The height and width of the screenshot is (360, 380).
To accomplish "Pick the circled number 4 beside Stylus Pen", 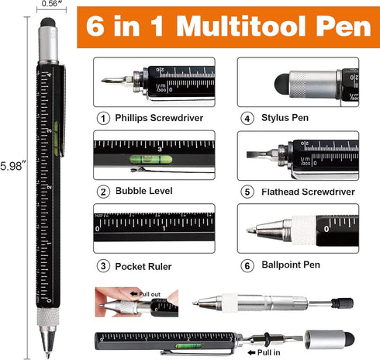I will [247, 119].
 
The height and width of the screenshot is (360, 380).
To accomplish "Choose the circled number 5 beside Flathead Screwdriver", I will [247, 192].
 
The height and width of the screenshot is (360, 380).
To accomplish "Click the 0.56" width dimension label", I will [48, 5].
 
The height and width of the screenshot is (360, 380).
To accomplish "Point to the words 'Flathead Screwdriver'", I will [306, 192].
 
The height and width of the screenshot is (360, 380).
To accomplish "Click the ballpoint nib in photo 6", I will [250, 230].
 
